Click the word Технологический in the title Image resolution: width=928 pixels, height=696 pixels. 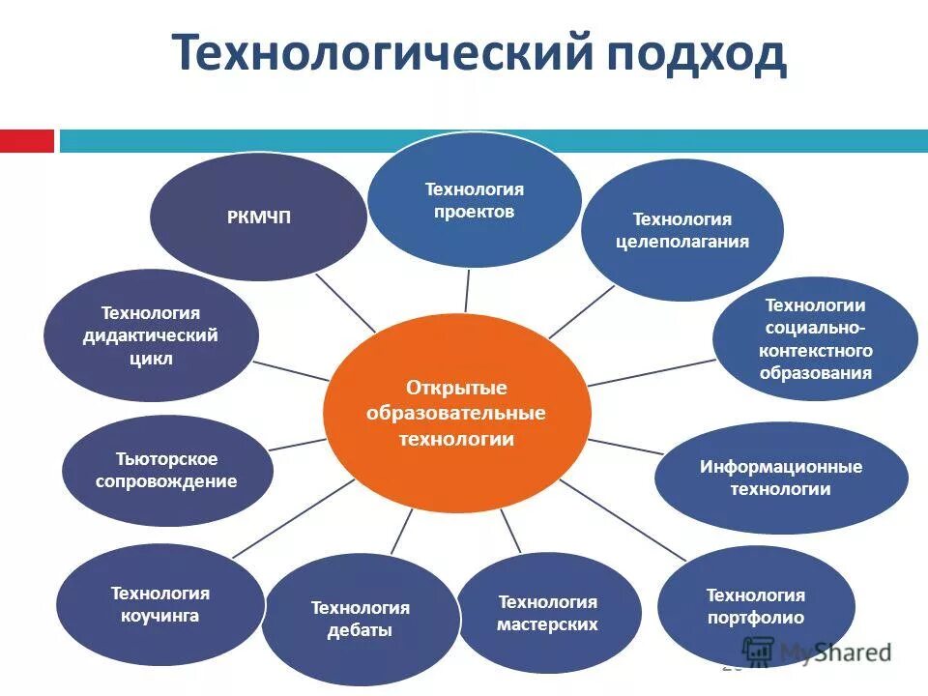[x=381, y=53]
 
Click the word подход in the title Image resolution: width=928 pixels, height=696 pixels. [x=696, y=53]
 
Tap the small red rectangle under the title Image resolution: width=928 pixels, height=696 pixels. [x=27, y=141]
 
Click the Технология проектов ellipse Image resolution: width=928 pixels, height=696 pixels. [x=474, y=200]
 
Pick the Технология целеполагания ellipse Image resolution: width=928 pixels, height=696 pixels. [x=681, y=230]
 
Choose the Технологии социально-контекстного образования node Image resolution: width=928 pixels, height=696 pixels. [x=815, y=339]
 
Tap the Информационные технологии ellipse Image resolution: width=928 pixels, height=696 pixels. [x=781, y=478]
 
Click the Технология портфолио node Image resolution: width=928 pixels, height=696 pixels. [x=755, y=606]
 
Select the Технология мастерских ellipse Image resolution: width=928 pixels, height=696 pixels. [x=547, y=613]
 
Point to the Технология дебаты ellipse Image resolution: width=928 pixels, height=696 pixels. [x=360, y=619]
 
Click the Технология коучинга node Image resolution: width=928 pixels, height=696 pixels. [x=159, y=604]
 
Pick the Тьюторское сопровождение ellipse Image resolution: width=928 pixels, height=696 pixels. [x=166, y=470]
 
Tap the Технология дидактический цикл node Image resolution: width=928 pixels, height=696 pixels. [x=150, y=335]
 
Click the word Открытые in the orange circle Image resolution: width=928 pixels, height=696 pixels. [x=455, y=388]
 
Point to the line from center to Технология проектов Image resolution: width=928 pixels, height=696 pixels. [x=467, y=290]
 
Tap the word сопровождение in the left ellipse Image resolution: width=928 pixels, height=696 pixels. [x=166, y=481]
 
